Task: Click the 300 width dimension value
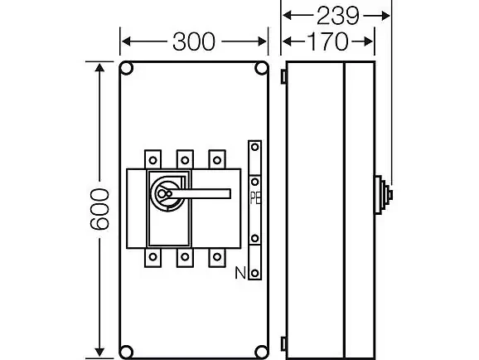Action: (194, 41)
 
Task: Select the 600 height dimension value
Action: (99, 209)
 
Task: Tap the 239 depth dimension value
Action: (337, 16)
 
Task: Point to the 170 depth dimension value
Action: (327, 41)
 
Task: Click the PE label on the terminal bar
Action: (255, 198)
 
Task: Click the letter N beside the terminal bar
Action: (240, 273)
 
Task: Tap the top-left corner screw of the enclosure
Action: (126, 68)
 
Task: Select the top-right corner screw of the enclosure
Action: (262, 68)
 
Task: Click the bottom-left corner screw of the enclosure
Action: (126, 352)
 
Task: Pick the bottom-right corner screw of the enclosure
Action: (262, 352)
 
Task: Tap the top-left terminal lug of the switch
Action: (152, 159)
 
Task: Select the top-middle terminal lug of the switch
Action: (185, 159)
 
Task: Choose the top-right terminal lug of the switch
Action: (217, 159)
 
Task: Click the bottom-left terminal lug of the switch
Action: (152, 257)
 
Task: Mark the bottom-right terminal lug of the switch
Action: (217, 257)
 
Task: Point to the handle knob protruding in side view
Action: (384, 195)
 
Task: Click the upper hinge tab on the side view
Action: (283, 76)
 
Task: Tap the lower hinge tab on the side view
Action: (283, 343)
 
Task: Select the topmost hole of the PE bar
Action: (254, 148)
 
